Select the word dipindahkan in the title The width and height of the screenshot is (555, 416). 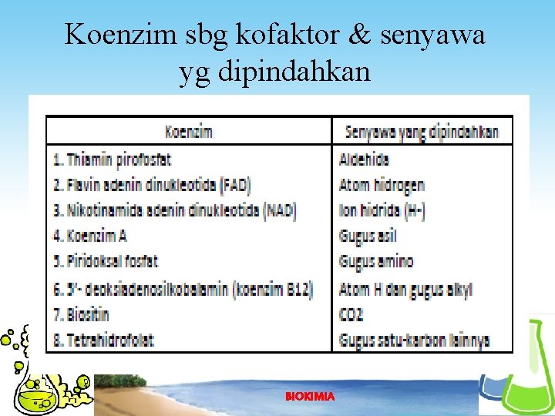click(x=296, y=72)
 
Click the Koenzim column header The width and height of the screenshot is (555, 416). click(x=189, y=132)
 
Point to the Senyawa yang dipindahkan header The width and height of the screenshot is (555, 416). click(x=422, y=132)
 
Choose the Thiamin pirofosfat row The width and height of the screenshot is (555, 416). click(x=113, y=160)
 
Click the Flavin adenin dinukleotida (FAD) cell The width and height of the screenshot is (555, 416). click(x=152, y=185)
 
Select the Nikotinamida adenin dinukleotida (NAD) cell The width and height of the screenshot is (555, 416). click(x=175, y=210)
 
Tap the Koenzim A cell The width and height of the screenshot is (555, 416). click(x=90, y=236)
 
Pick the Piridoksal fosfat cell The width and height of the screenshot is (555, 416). click(x=106, y=261)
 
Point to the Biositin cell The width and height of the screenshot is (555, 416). click(x=82, y=314)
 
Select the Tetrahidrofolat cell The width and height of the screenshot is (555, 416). click(x=104, y=339)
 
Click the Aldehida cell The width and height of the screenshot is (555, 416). click(x=365, y=160)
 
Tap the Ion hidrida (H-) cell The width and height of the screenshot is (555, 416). click(x=382, y=210)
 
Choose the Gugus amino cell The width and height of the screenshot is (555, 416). click(x=376, y=261)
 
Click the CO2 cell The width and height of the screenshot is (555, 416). click(x=351, y=314)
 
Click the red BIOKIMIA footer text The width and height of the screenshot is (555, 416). click(x=310, y=396)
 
